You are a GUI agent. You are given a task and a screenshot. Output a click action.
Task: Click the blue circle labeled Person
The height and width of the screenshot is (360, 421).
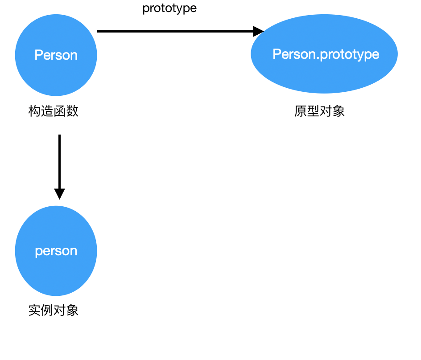[56, 55]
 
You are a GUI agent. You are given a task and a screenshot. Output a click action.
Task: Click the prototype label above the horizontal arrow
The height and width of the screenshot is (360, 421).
[169, 8]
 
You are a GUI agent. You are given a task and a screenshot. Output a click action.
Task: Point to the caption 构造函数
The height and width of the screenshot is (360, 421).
[54, 111]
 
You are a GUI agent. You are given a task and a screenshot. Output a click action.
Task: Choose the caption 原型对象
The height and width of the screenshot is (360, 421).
[320, 111]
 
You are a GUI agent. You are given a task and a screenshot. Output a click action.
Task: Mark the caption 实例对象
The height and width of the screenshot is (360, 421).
[54, 310]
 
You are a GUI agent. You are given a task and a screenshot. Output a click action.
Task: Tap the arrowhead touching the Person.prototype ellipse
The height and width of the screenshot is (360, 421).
[259, 31]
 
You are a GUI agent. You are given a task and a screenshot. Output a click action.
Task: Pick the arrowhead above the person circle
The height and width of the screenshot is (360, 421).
[59, 194]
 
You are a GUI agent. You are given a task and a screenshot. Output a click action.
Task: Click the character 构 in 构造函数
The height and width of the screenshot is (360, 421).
[35, 111]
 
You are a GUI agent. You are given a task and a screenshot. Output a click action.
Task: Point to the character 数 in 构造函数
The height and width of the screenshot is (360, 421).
[73, 111]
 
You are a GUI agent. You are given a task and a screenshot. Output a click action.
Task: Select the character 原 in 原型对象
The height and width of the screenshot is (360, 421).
[301, 111]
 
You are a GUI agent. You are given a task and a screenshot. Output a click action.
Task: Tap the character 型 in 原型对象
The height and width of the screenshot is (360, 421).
[314, 111]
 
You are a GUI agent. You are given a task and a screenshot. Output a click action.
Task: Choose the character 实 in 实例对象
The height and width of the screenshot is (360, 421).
[35, 310]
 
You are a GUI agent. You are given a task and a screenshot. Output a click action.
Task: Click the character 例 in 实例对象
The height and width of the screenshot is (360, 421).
[47, 310]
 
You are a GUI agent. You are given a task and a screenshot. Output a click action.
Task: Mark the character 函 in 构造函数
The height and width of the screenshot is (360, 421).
[60, 111]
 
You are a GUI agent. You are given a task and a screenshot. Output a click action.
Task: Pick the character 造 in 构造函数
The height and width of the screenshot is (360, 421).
[47, 111]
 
